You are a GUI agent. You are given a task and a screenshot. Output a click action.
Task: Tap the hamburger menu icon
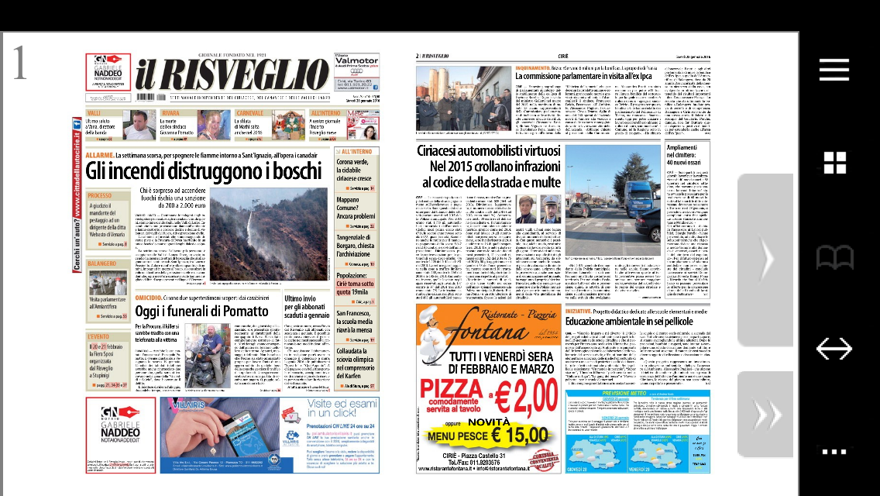click(834, 70)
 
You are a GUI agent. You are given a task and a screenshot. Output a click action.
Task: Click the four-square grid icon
click(834, 163)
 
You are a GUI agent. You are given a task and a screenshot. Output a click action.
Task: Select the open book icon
click(834, 257)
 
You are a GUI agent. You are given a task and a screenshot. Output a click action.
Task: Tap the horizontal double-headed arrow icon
click(834, 350)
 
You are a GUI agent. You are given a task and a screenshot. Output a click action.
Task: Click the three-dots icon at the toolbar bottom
click(834, 451)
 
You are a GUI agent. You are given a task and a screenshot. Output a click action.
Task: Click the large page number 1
click(21, 64)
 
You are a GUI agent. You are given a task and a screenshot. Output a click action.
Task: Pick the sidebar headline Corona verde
click(356, 167)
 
